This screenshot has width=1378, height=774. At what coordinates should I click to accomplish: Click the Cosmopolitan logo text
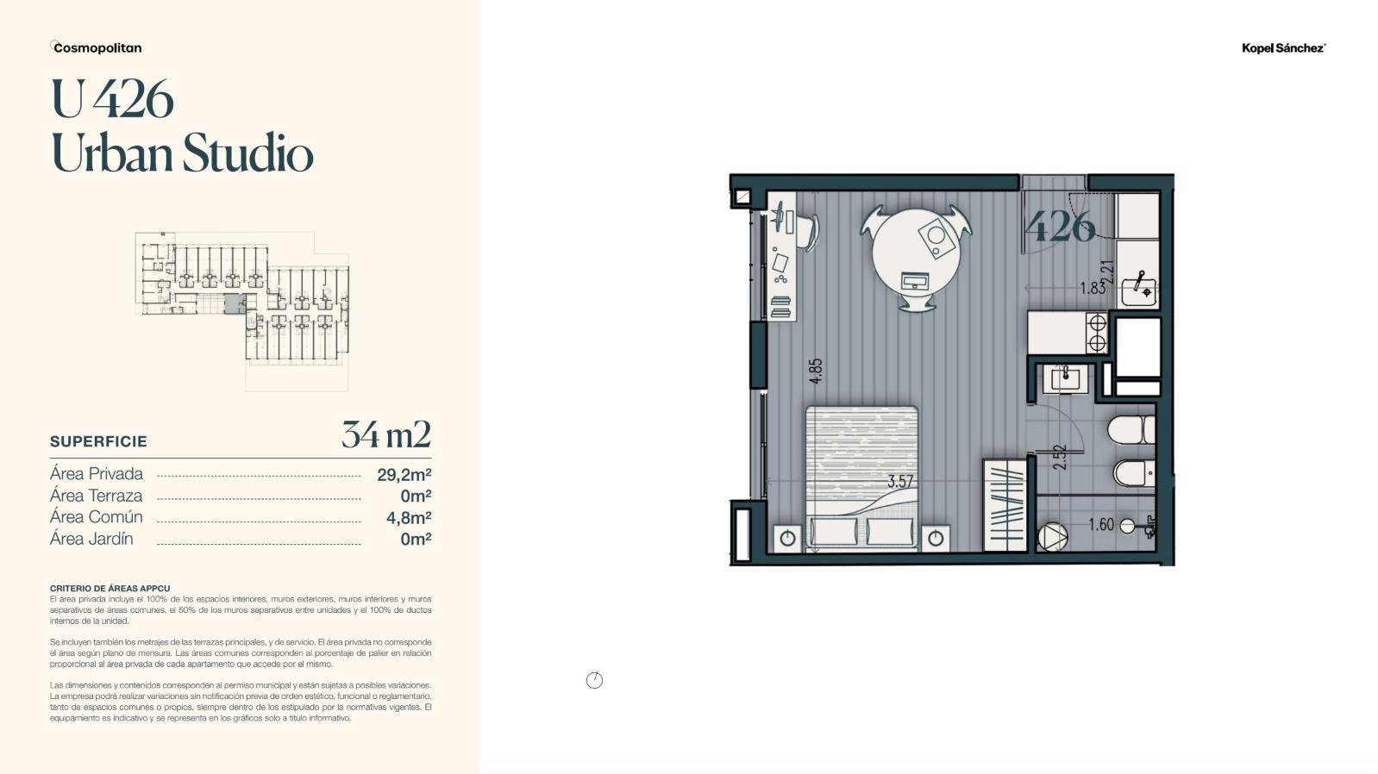[97, 48]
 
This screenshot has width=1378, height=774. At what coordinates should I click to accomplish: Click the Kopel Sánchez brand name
[1283, 48]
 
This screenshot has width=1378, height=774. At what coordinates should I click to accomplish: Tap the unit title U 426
[112, 99]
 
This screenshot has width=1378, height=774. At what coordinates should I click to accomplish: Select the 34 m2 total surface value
[386, 434]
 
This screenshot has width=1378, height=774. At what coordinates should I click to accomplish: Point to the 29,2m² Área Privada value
[404, 475]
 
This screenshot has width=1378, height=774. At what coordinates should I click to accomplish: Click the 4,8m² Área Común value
[409, 518]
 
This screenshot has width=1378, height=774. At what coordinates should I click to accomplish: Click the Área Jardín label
[91, 539]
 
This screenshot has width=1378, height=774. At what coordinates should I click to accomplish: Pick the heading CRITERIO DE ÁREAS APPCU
[110, 589]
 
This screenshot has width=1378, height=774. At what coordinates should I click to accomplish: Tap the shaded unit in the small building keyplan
[234, 304]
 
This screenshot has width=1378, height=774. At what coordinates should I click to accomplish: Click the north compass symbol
[594, 680]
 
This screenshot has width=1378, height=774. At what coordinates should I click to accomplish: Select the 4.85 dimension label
[816, 371]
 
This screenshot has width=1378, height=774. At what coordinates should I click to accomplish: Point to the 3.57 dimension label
[900, 481]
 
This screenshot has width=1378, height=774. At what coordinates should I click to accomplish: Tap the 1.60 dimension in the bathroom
[1101, 524]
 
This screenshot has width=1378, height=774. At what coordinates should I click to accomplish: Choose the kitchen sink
[1138, 291]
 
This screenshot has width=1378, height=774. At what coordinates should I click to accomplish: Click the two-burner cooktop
[1097, 333]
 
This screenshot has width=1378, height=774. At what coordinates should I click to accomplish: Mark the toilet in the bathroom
[1131, 429]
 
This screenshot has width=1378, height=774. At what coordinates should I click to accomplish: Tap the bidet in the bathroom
[1134, 474]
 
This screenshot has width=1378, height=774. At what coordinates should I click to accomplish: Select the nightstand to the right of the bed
[935, 540]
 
